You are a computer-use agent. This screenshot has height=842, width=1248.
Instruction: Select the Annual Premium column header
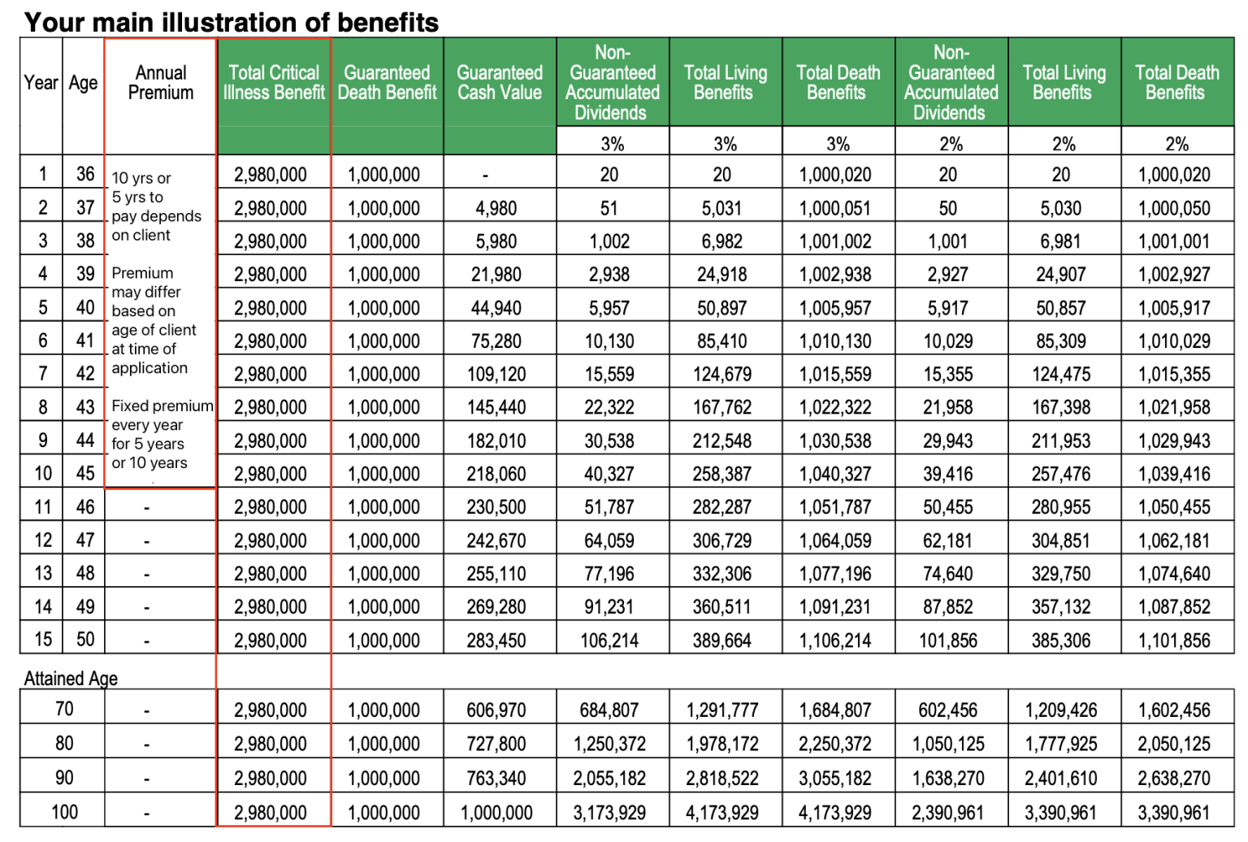click(x=161, y=83)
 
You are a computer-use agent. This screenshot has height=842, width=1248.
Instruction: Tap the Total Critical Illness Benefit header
click(x=274, y=83)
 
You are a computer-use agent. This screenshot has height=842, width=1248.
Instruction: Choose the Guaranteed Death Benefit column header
click(x=387, y=83)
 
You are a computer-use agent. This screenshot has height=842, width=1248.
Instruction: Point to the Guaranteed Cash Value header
click(x=500, y=83)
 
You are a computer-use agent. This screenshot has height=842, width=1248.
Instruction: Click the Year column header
click(x=41, y=83)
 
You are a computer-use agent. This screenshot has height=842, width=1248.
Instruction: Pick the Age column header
click(x=83, y=83)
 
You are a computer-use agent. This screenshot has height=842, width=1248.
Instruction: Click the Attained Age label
click(x=71, y=679)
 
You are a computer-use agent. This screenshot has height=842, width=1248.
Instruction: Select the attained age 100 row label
click(x=64, y=812)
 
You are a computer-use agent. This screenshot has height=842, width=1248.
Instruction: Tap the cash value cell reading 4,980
click(x=496, y=209)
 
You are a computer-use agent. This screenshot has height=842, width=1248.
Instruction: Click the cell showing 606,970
click(x=496, y=710)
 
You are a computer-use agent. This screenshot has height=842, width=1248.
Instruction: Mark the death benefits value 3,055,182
click(x=835, y=779)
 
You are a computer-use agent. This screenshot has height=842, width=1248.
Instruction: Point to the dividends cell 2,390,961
click(x=947, y=813)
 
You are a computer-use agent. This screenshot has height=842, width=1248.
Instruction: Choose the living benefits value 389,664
click(x=721, y=641)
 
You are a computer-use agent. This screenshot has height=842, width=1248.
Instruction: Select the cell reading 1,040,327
click(x=835, y=474)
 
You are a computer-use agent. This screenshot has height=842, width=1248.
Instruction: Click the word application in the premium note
click(x=149, y=368)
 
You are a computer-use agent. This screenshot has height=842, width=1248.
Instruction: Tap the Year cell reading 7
click(x=43, y=374)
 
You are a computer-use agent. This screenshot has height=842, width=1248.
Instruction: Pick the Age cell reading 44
click(x=85, y=441)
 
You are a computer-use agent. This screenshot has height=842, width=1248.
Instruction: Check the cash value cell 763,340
click(x=496, y=779)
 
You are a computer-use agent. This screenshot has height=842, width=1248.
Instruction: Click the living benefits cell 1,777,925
click(x=1061, y=744)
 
